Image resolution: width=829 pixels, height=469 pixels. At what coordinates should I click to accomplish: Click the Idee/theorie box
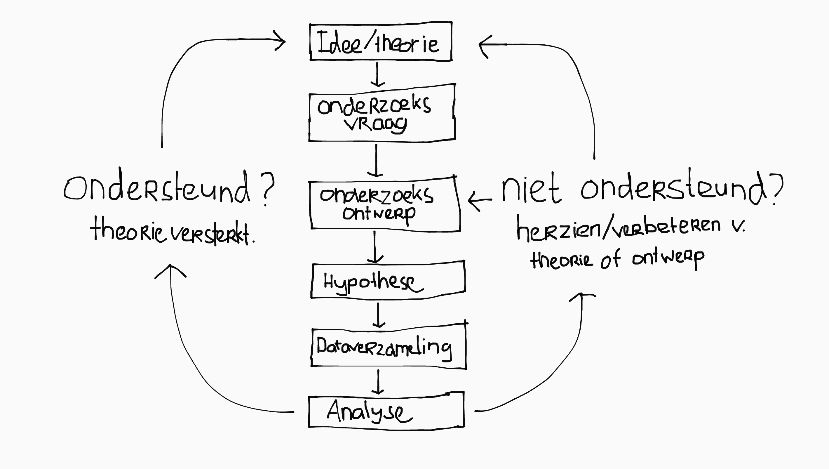pos(381,42)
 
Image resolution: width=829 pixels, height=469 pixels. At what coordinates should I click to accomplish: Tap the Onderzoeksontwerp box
pos(384,204)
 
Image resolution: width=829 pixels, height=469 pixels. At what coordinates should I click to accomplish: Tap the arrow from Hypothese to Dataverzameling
pos(378,315)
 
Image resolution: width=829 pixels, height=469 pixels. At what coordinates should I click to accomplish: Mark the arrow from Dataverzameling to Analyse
pos(378,382)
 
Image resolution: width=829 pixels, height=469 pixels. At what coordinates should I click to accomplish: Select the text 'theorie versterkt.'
pos(172,232)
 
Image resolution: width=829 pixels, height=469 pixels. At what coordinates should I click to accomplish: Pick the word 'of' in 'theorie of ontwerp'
pos(610,260)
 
